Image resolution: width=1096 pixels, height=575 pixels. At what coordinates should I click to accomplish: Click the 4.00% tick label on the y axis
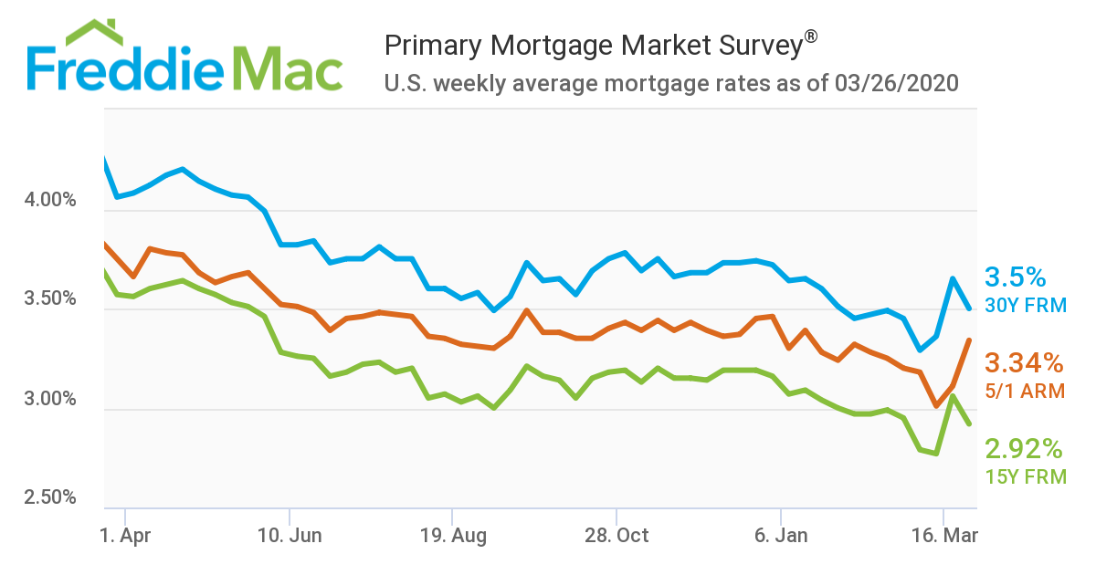[x=50, y=200]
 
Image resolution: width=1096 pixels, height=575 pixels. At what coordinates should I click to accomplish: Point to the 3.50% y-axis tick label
[x=50, y=299]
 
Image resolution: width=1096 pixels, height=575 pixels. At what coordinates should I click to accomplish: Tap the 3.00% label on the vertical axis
[x=50, y=399]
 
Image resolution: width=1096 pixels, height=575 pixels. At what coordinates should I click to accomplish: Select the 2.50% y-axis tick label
[x=50, y=497]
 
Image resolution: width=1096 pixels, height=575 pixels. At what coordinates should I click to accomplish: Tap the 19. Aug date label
[x=451, y=536]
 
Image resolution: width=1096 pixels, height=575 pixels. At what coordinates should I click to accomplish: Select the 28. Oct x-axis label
[x=617, y=536]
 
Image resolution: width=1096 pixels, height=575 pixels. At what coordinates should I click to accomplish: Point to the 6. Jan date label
[x=781, y=536]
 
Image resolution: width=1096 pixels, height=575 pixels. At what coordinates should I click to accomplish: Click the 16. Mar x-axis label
[x=944, y=536]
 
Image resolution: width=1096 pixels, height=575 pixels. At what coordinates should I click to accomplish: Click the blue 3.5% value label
[x=1015, y=277]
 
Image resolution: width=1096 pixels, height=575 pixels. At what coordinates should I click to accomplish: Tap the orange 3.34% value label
[x=1024, y=364]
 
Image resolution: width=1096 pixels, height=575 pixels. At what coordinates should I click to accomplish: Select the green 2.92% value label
[x=1024, y=449]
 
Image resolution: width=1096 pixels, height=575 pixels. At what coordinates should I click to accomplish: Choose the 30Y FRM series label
[x=1025, y=305]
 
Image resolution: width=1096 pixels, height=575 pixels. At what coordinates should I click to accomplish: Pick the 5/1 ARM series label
[x=1025, y=391]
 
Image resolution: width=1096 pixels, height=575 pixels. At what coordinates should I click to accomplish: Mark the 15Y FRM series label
[x=1025, y=476]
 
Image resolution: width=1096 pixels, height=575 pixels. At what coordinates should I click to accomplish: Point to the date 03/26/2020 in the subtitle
[x=896, y=84]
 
